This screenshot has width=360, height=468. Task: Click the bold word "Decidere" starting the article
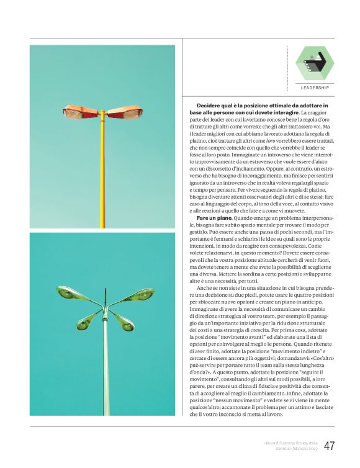[210, 106]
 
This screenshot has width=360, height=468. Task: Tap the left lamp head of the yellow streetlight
[79, 112]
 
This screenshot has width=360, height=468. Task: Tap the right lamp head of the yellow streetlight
[125, 112]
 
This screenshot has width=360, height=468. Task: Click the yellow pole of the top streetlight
[102, 174]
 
